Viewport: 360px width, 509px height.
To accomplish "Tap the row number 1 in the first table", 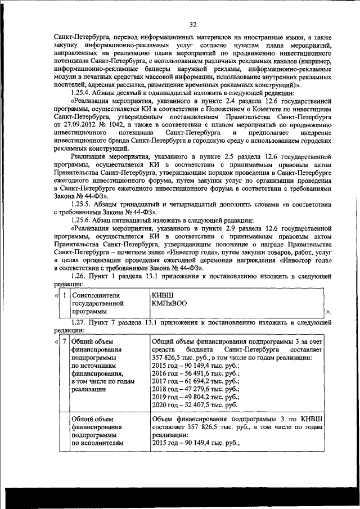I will point(65,295).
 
